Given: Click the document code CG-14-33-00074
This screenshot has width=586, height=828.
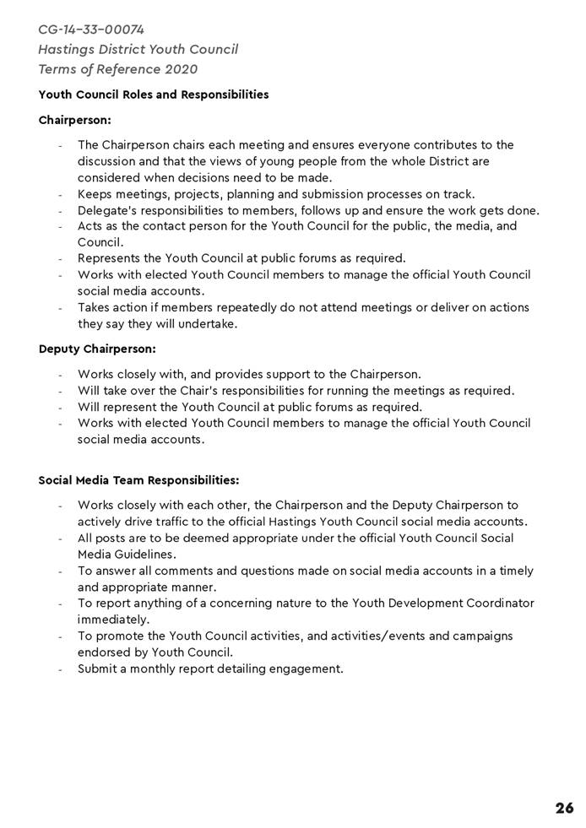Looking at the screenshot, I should click(x=91, y=30).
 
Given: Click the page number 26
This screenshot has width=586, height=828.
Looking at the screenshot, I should click(x=564, y=808).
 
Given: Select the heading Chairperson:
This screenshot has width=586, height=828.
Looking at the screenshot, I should click(x=74, y=121).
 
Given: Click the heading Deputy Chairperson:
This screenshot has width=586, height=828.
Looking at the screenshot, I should click(x=97, y=349).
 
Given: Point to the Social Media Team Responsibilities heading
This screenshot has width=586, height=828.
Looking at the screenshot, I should click(x=138, y=480).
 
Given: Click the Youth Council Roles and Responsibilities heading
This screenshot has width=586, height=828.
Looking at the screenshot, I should click(x=154, y=95).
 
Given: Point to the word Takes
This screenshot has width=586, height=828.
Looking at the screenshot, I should click(x=94, y=307).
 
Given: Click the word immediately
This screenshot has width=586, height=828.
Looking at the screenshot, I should click(x=112, y=620).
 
